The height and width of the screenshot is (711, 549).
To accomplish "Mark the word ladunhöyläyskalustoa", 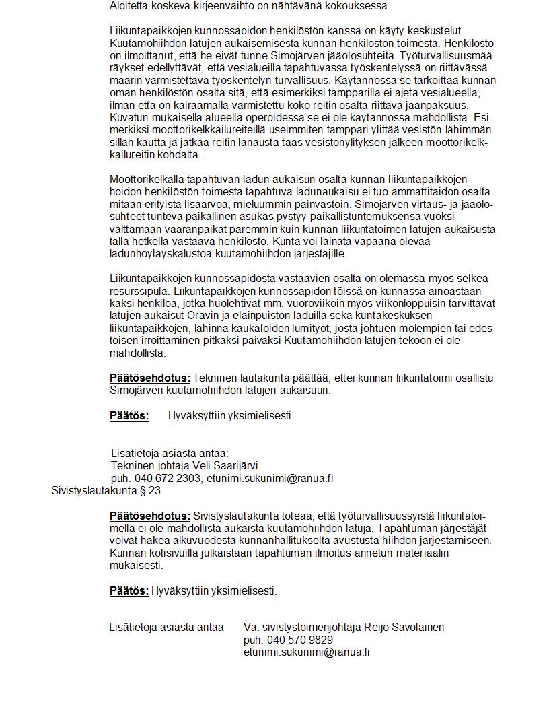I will (x=161, y=254).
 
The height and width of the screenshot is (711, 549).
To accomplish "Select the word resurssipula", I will (x=139, y=291).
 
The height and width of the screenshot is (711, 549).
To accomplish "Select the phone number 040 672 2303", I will (x=168, y=478).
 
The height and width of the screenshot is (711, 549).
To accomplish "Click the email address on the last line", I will (x=306, y=652).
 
